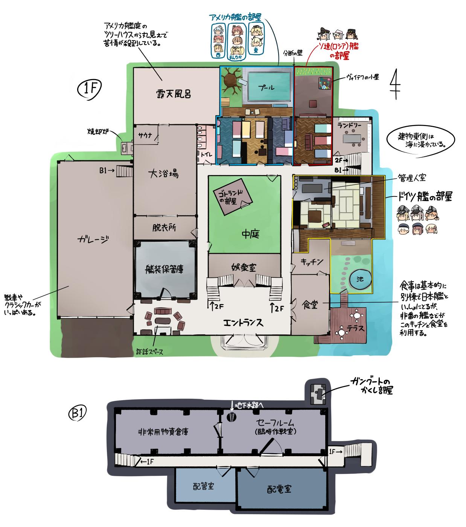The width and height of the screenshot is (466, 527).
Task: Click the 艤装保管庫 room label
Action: point(165,270)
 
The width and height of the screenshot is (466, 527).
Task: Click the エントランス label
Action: point(243,323)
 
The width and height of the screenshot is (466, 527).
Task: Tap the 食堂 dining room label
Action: point(310,305)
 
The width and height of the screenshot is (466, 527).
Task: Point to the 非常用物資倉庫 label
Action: point(163,431)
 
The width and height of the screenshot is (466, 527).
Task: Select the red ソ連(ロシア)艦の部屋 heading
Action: point(334,51)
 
